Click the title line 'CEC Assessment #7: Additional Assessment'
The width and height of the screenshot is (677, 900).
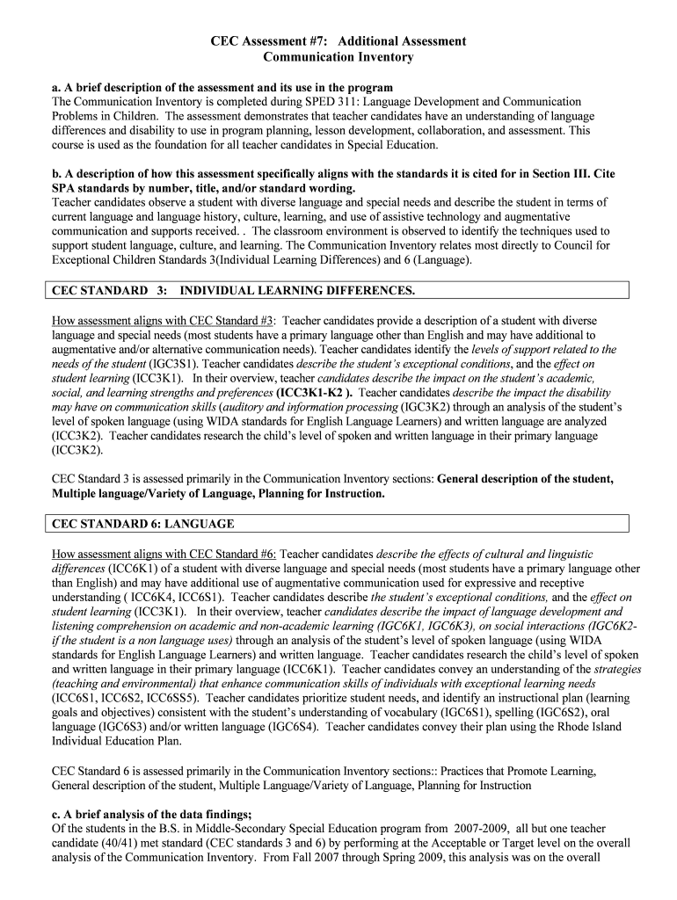pos(338,41)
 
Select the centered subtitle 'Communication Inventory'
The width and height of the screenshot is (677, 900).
pos(338,57)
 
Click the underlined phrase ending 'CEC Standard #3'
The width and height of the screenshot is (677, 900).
pos(164,321)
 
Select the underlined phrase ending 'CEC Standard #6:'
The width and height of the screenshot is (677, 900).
pos(164,555)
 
